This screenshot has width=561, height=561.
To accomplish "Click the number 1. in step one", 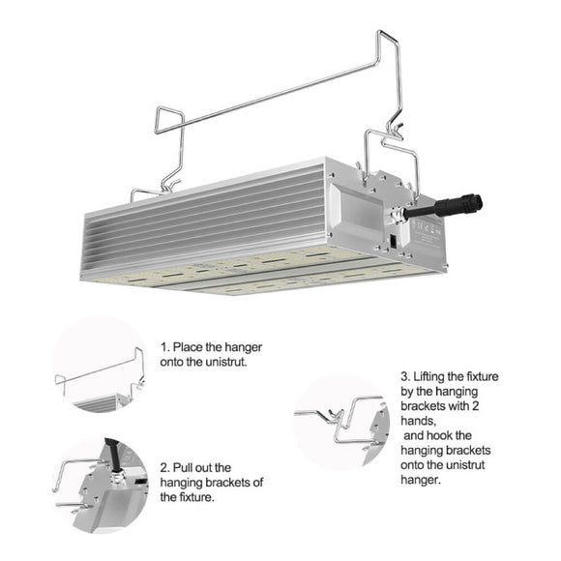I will (x=166, y=346).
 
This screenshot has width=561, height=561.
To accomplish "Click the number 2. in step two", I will (x=166, y=465).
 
